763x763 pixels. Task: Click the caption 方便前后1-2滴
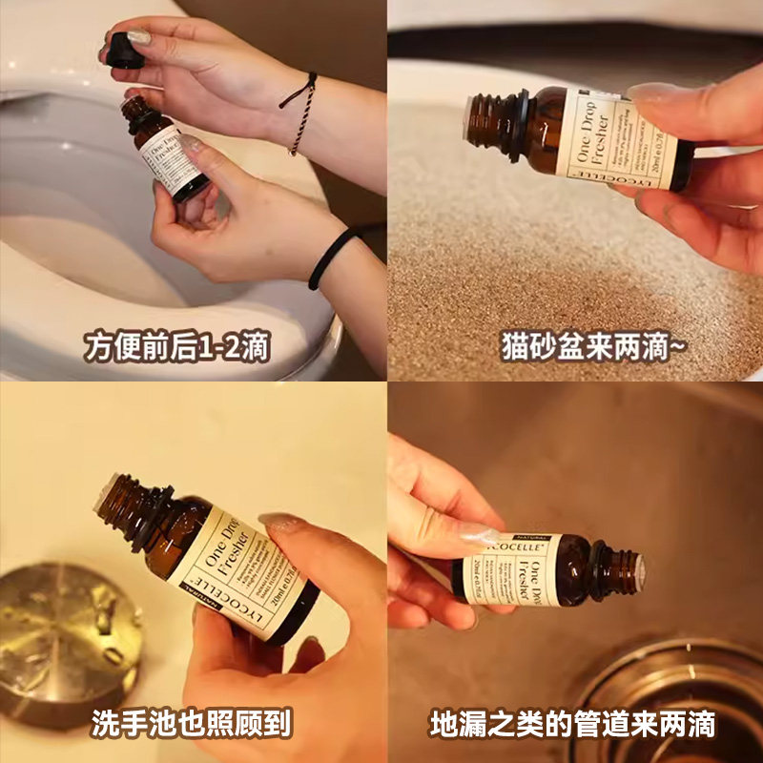coord(176,346)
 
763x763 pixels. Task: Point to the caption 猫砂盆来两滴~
coord(592,346)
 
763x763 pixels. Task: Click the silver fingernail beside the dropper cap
coord(139,38)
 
